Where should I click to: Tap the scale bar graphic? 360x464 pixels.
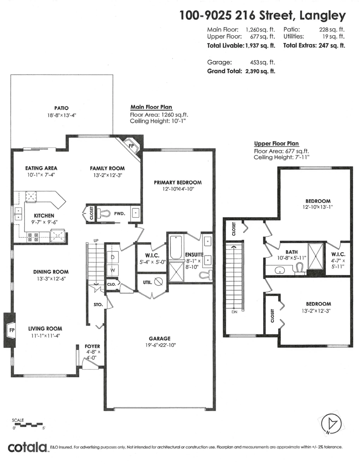28,424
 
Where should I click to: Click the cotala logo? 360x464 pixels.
27,447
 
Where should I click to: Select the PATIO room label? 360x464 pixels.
61,108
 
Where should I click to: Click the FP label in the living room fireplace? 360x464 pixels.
12,330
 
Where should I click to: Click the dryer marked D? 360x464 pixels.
113,257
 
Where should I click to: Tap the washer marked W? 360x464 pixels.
113,270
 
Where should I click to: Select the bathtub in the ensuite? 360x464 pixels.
176,247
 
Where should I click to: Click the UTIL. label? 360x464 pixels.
148,282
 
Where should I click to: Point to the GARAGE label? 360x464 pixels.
160,338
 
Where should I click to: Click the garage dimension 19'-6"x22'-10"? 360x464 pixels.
160,345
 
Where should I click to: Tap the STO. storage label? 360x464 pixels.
98,305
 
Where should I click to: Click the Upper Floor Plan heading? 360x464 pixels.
276,143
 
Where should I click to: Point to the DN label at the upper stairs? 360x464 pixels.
234,312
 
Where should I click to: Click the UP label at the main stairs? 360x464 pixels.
96,241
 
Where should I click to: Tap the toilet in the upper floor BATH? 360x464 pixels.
299,269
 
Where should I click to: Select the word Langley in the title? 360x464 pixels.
322,16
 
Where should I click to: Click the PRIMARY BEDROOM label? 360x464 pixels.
177,183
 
